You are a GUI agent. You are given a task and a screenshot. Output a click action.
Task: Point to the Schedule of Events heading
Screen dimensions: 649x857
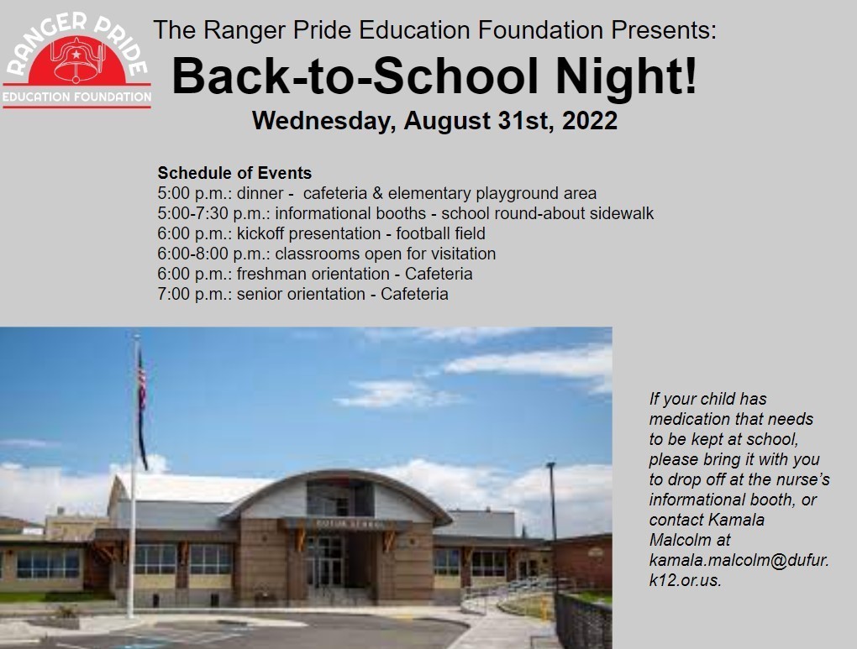234,173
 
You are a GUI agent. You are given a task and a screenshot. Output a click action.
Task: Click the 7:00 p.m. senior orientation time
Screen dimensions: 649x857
192,294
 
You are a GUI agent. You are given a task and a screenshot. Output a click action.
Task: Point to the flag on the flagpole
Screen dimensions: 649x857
142,403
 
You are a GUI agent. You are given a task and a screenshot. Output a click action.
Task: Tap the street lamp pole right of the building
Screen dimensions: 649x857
552,521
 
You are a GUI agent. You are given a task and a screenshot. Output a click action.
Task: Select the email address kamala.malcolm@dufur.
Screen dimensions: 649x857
739,559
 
